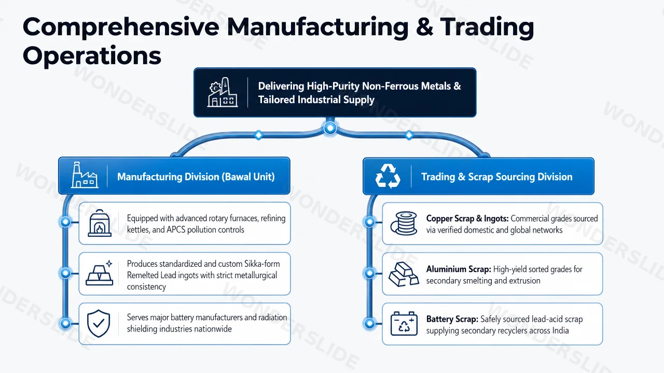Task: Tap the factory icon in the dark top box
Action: [223, 92]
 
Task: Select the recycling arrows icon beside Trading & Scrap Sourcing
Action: [388, 176]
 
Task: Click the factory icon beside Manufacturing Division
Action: [85, 175]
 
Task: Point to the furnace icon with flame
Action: [100, 223]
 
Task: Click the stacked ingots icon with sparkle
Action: [100, 273]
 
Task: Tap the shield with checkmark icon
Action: [99, 324]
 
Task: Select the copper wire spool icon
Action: [404, 223]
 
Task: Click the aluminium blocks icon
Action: [404, 274]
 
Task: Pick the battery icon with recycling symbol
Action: [404, 324]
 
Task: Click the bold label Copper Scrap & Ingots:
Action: [467, 219]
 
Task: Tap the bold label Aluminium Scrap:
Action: [459, 269]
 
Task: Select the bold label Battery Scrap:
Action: [452, 319]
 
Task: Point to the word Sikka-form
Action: [262, 264]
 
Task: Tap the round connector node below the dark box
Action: [330, 128]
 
